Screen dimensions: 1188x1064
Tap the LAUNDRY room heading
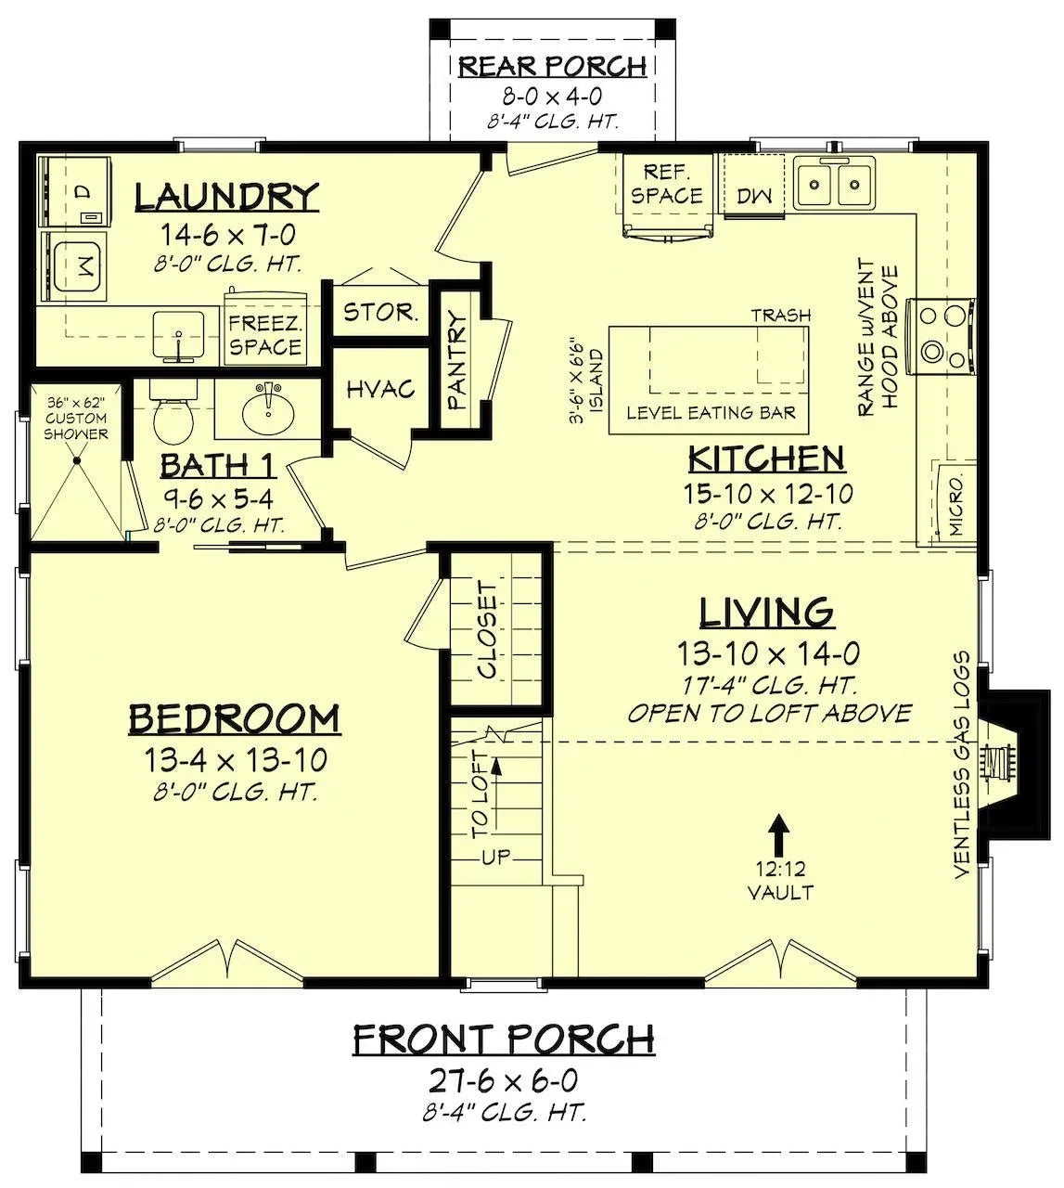pos(226,198)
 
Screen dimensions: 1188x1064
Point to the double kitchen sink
pos(834,182)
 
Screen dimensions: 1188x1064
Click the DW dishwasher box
pos(755,195)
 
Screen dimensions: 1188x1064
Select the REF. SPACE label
pos(666,184)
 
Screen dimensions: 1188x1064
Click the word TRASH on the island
pos(781,316)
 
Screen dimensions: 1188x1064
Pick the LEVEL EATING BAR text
pos(711,412)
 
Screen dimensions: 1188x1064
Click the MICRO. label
pos(957,505)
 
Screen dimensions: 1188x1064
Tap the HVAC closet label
pos(380,390)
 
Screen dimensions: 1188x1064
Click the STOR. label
pos(380,312)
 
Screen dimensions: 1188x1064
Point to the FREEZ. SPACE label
pos(265,335)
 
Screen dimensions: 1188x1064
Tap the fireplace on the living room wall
pos(1000,759)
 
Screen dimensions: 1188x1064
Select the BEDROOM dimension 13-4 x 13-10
pos(235,761)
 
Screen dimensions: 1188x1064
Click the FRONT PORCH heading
pos(503,1039)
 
